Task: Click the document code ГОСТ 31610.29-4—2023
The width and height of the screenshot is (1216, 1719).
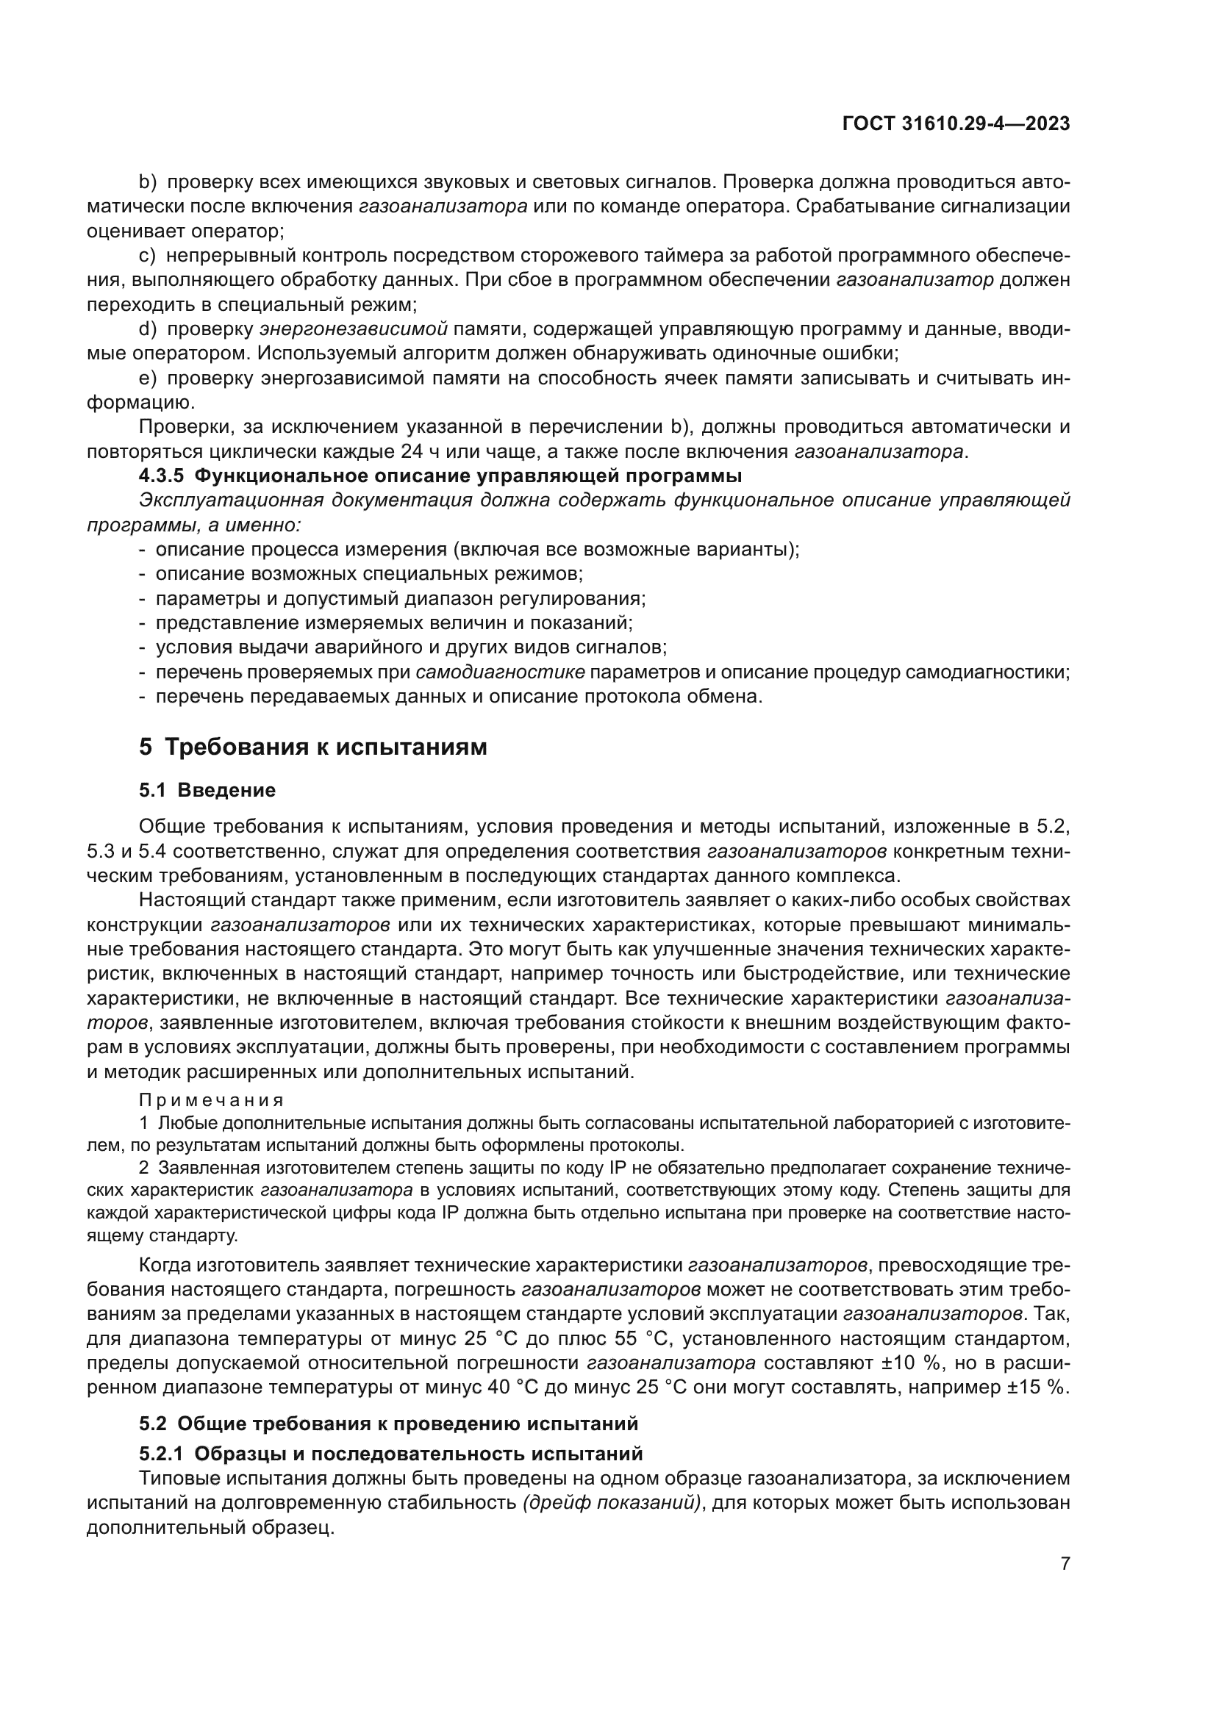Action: tap(956, 123)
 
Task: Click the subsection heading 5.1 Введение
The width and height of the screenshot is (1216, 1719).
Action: tap(207, 790)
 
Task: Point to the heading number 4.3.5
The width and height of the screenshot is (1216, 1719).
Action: tap(162, 476)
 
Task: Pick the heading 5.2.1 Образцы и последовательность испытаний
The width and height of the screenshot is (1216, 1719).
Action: tap(391, 1453)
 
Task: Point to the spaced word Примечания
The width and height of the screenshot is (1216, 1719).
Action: tap(211, 1100)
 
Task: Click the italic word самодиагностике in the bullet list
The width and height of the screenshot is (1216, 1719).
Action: tap(500, 672)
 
